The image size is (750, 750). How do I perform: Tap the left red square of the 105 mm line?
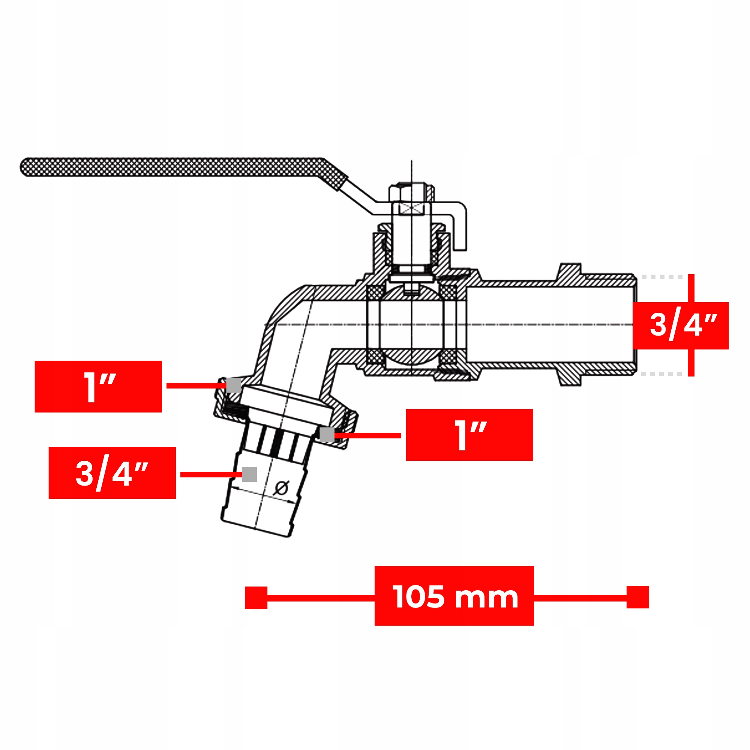tap(256, 598)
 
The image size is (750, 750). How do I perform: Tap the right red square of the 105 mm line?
tap(638, 597)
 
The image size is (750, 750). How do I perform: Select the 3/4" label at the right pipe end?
tap(681, 326)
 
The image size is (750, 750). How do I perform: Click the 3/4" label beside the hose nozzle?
tap(112, 473)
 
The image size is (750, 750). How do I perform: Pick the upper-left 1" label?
tap(98, 387)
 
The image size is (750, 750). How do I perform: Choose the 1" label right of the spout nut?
tap(469, 435)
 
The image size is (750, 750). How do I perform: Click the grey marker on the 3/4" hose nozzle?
tap(249, 474)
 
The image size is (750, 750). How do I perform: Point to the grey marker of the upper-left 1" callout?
tap(234, 385)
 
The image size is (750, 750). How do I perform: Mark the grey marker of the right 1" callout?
tap(327, 434)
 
